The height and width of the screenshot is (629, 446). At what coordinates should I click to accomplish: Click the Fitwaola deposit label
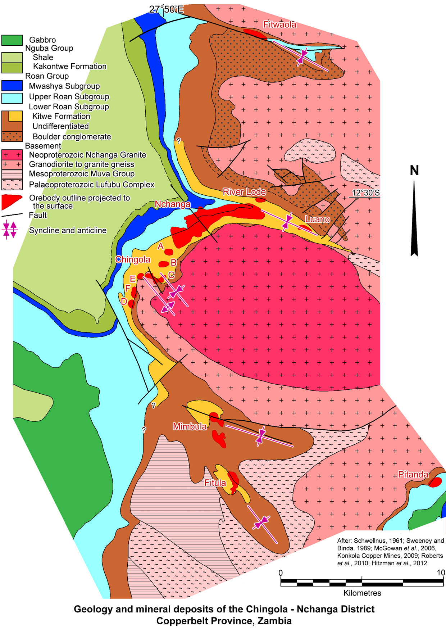(279, 24)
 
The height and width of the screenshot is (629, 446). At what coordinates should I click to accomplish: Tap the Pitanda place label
(413, 474)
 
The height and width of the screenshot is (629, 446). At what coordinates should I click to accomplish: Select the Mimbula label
(190, 426)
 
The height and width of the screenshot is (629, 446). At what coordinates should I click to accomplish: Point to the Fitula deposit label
(215, 483)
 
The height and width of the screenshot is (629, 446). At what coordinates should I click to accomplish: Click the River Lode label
(244, 192)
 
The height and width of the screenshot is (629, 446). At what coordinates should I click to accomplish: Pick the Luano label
(317, 219)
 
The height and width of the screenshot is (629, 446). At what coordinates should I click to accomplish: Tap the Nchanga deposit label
(172, 204)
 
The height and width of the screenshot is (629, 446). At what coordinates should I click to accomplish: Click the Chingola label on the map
(132, 259)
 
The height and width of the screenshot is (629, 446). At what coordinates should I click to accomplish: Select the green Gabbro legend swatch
(12, 40)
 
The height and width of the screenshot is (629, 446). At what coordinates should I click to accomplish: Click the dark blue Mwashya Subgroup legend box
(12, 86)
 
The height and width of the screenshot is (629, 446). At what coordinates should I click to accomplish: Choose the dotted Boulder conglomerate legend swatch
(12, 136)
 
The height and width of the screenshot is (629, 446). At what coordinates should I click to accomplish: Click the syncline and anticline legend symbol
(10, 230)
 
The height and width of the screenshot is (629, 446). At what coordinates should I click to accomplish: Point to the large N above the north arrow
(414, 170)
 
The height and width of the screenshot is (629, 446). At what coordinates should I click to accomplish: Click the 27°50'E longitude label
(166, 9)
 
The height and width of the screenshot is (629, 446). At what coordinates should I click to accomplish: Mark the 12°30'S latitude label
(365, 193)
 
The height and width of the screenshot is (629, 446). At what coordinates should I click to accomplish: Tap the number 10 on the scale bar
(441, 573)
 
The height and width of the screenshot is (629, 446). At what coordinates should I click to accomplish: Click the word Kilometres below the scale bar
(362, 593)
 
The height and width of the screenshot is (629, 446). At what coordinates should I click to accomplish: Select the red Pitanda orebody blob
(436, 482)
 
